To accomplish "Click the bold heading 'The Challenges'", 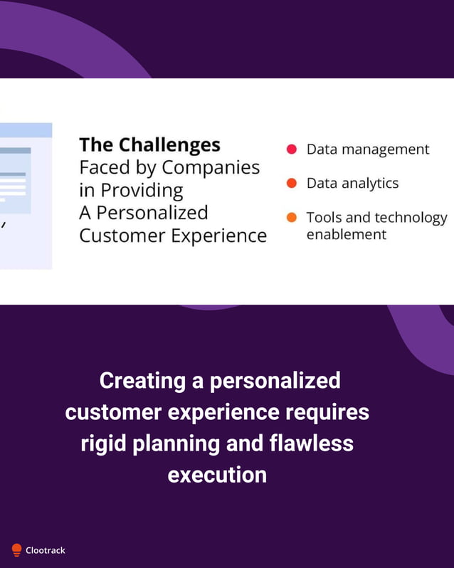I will [x=149, y=145].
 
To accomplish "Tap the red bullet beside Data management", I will [x=291, y=149].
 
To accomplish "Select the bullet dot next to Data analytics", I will [x=291, y=184].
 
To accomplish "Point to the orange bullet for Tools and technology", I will [x=291, y=218].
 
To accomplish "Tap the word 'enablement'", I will [x=346, y=234].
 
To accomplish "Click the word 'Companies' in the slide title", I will [x=211, y=168].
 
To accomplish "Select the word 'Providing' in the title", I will [x=142, y=191].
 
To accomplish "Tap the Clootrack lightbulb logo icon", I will [x=16, y=549].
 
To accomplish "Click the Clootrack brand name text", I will [x=46, y=550].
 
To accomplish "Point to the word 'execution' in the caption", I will [x=217, y=475].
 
